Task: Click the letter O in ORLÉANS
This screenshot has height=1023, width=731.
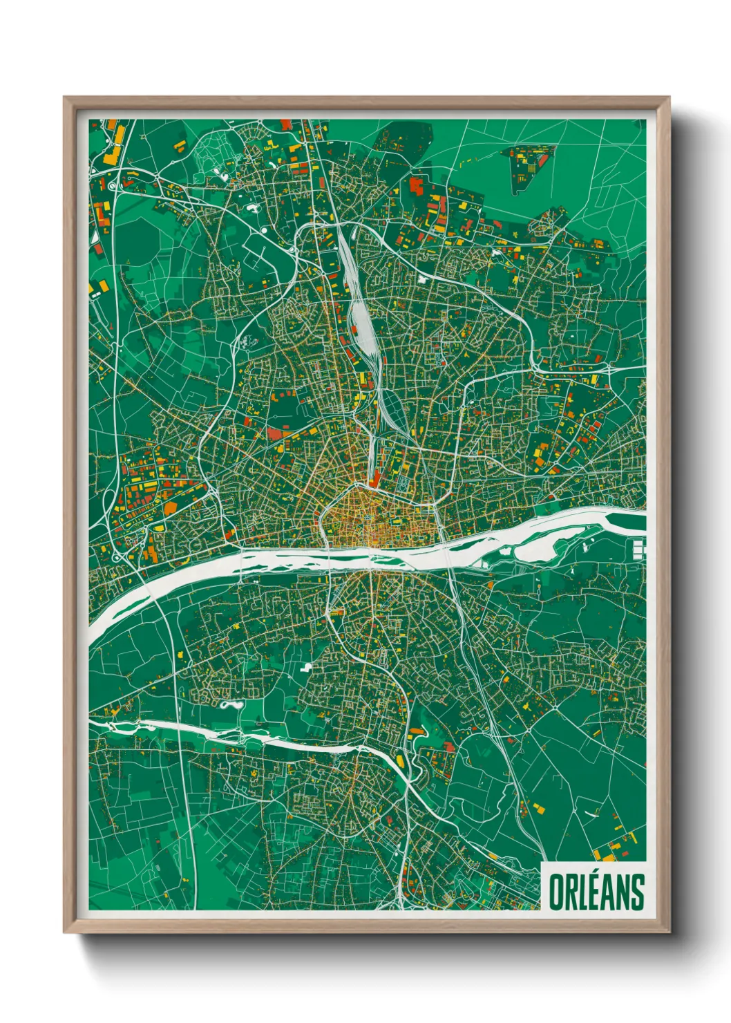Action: coord(556,892)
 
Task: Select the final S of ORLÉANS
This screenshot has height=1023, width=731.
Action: coord(637,892)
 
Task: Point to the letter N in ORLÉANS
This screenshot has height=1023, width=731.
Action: coord(620,892)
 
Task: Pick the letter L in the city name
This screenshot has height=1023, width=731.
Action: coord(575,892)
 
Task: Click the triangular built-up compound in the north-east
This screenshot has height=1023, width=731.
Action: coord(528,166)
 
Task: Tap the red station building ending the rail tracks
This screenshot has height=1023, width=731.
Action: coord(375,479)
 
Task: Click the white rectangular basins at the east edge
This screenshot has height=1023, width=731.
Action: coord(638,550)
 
